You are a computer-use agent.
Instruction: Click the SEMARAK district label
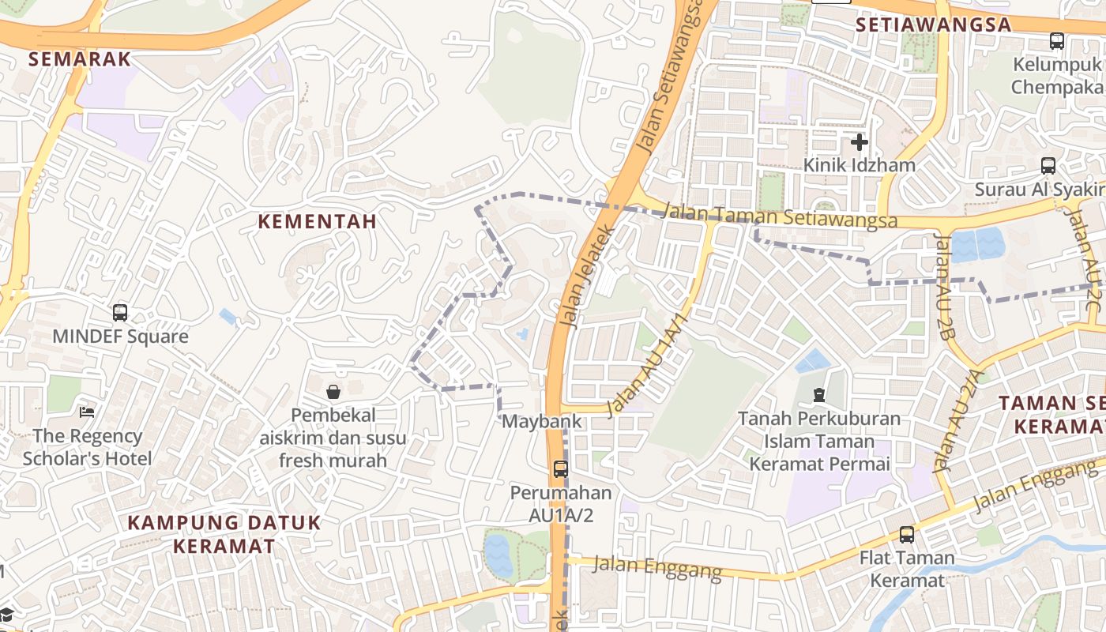[79, 58]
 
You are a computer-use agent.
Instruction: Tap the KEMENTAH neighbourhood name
[318, 222]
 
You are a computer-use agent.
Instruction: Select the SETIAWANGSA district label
[934, 24]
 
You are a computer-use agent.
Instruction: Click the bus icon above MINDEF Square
[120, 312]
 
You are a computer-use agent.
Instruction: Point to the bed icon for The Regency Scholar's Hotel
[87, 412]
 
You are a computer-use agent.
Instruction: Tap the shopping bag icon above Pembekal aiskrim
[333, 391]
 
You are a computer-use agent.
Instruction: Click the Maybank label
[542, 421]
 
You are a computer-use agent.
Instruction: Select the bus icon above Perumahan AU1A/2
[561, 468]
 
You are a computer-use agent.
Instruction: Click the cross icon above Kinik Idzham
[860, 142]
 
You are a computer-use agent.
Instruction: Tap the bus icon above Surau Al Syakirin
[1048, 166]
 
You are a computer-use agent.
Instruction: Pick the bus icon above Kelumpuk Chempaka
[1057, 41]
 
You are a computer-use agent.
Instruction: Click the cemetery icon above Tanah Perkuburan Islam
[819, 394]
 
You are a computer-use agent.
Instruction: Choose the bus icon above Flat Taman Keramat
[907, 535]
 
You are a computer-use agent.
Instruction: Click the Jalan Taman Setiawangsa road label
[781, 216]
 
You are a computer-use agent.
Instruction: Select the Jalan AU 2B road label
[945, 285]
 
